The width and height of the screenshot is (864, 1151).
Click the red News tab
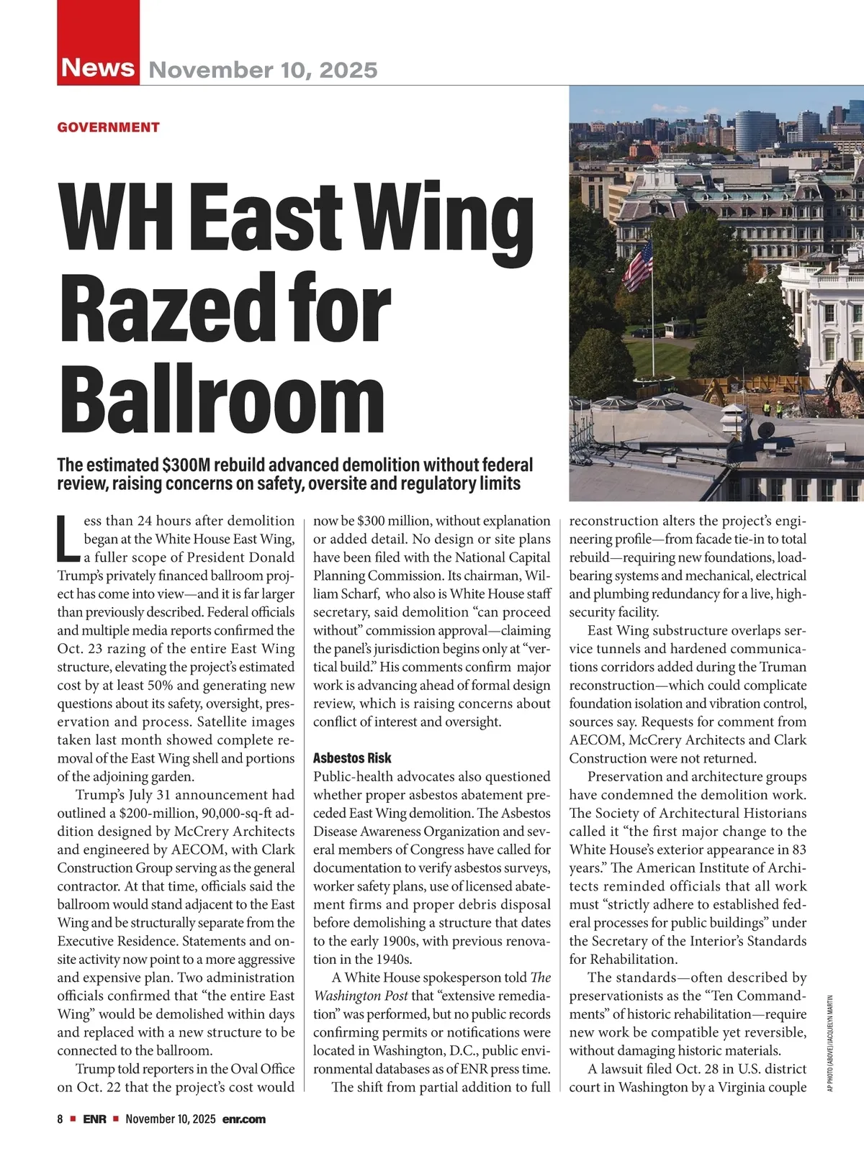pos(98,68)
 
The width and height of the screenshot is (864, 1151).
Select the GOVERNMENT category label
pos(108,127)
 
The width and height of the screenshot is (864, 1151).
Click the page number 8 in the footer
pos(60,1119)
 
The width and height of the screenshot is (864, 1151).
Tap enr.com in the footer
pos(244,1119)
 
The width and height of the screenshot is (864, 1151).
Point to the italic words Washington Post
pos(361,996)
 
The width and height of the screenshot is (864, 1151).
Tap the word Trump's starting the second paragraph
pos(101,795)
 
